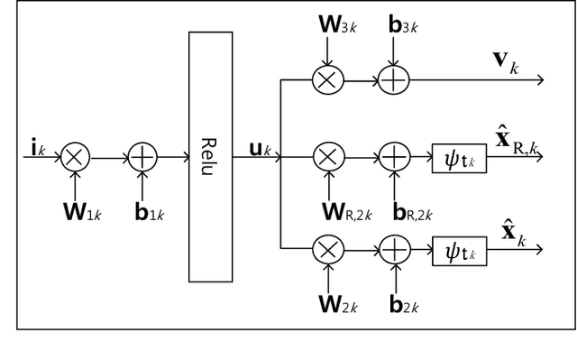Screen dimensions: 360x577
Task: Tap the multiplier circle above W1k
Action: point(75,157)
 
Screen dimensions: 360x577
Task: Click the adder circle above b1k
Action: point(142,157)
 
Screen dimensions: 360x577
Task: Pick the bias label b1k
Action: point(148,213)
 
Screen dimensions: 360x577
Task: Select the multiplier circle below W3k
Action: point(327,79)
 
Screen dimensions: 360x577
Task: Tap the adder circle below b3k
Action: point(394,79)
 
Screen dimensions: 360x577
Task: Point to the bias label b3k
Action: point(401,24)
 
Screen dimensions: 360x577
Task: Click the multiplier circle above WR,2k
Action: point(327,157)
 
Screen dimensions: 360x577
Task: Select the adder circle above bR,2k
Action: point(394,157)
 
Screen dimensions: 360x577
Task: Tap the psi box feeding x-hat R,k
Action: point(460,157)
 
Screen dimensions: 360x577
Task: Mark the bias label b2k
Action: point(402,306)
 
